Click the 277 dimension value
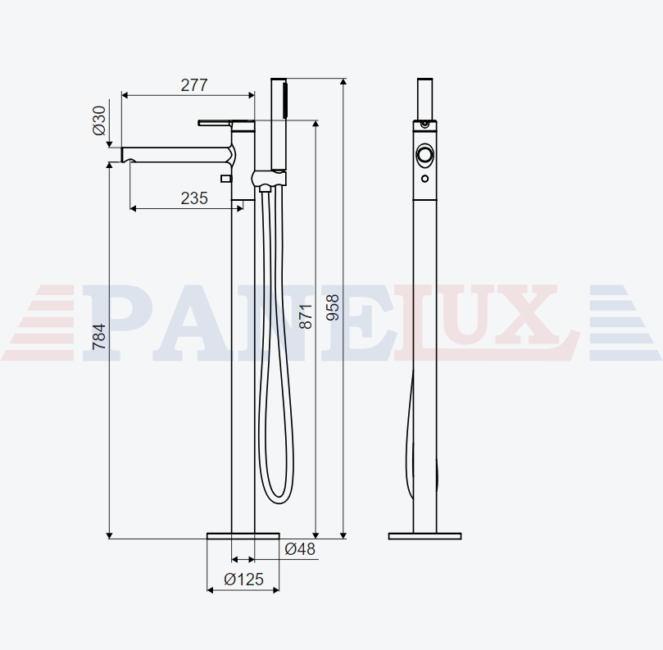click(x=194, y=85)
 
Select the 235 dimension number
click(x=194, y=198)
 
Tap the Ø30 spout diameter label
click(x=99, y=120)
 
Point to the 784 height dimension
click(x=99, y=337)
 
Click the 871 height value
click(x=306, y=316)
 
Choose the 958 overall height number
click(x=333, y=307)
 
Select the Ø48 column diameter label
click(x=300, y=549)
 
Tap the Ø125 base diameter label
click(x=243, y=579)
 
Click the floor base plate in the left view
click(x=243, y=536)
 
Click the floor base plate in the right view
click(x=425, y=536)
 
